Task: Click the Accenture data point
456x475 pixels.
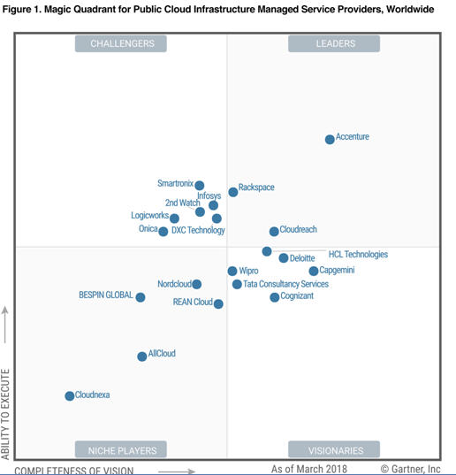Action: [330, 140]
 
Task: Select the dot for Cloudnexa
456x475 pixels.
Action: [70, 395]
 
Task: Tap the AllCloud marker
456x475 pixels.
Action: [142, 356]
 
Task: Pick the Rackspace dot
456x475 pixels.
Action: [233, 192]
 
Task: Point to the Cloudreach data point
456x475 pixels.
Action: [274, 232]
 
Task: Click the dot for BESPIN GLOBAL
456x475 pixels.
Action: [141, 297]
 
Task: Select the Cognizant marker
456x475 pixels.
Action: [275, 297]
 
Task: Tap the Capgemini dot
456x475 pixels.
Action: [314, 271]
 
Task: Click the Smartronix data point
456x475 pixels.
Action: [200, 185]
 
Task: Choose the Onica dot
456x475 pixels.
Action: [163, 232]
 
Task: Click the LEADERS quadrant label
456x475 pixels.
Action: [336, 43]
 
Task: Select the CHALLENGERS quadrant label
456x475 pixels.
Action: [122, 43]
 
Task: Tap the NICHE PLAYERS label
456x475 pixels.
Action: [122, 450]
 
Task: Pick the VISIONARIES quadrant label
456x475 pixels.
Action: [336, 450]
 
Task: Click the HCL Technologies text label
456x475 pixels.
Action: [358, 254]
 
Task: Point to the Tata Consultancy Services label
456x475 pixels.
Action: [286, 284]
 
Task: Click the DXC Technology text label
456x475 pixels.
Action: [198, 230]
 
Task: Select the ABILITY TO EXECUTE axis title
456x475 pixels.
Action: [5, 414]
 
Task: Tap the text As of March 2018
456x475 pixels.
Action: [309, 469]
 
